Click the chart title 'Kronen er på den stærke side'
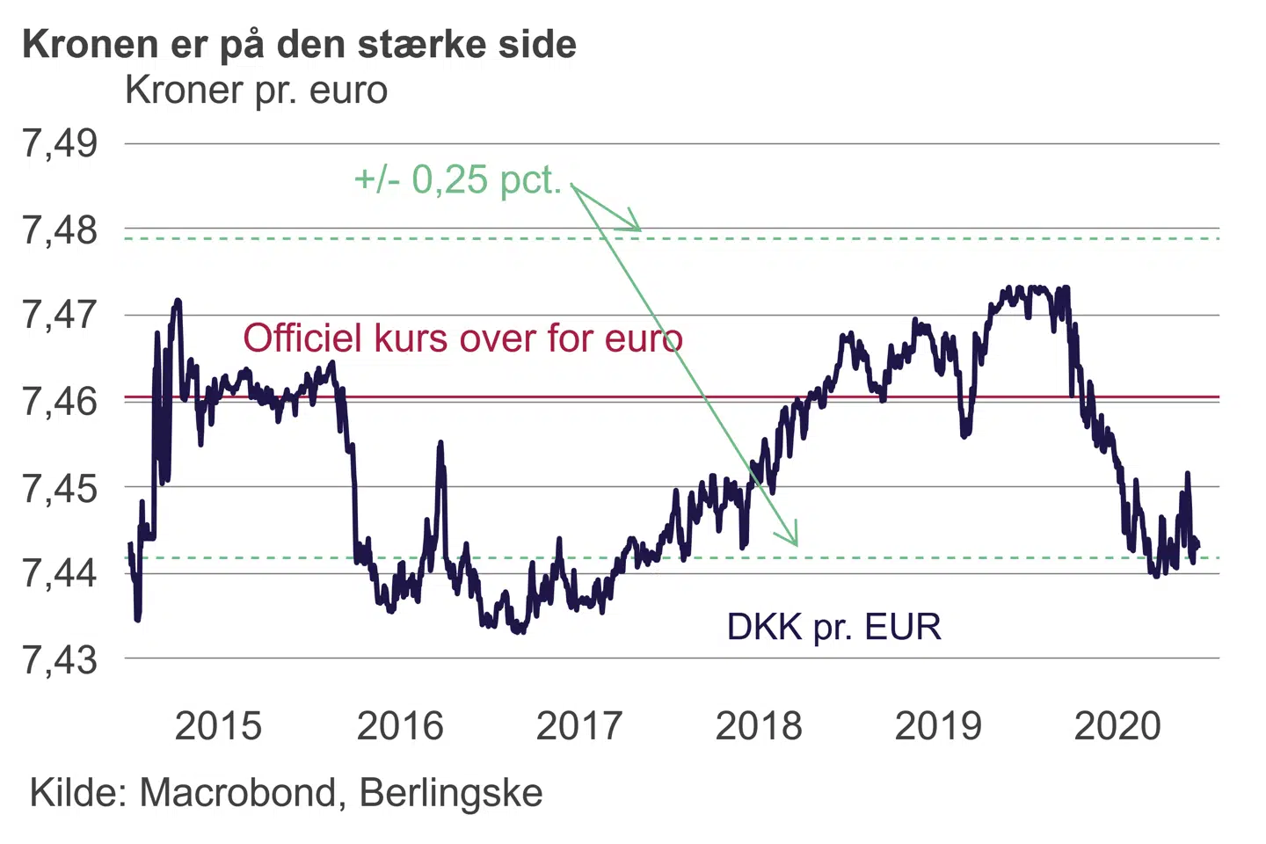(299, 44)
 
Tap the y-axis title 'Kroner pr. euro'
(256, 91)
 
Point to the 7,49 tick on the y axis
(60, 143)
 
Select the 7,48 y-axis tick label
(60, 230)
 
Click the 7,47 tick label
(60, 315)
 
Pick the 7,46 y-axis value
(60, 401)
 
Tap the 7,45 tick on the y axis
(60, 487)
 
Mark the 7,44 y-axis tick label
(60, 573)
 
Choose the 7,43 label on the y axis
(60, 659)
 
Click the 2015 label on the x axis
(218, 726)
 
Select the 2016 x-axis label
(400, 726)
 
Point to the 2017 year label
(579, 726)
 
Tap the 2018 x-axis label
(759, 726)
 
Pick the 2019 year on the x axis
(938, 726)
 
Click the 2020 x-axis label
(1117, 726)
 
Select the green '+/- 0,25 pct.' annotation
(457, 180)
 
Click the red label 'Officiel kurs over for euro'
(462, 338)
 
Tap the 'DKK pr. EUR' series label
(833, 628)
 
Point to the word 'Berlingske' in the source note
(451, 793)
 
